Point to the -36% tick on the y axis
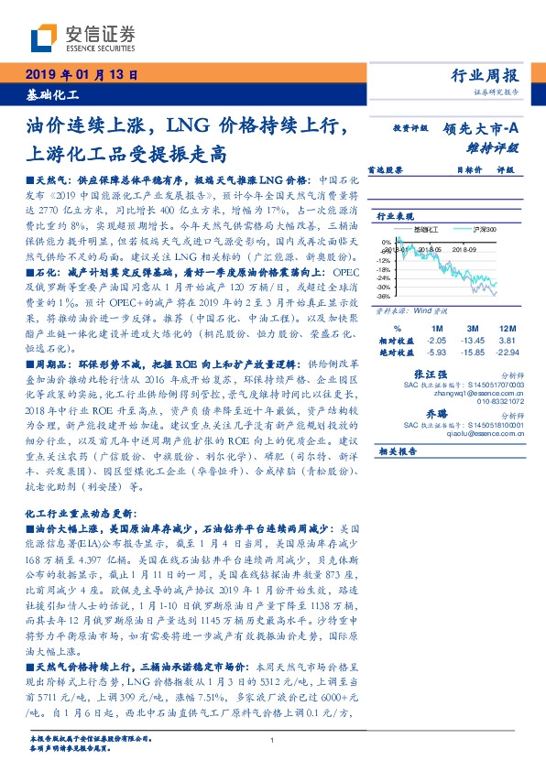385,296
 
